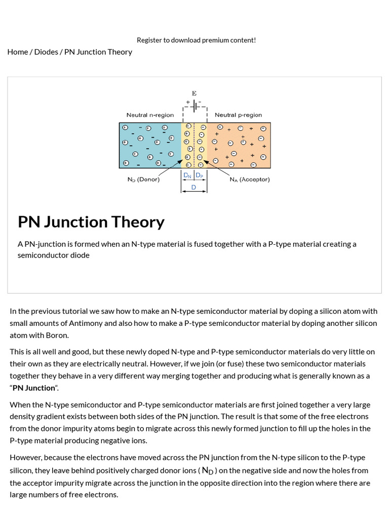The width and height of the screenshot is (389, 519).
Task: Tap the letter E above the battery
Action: [x=194, y=94]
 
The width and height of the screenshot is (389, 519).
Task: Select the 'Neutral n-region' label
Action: [x=150, y=115]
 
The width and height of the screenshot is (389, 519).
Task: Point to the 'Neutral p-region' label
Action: [x=239, y=115]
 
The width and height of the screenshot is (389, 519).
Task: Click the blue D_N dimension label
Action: [x=187, y=175]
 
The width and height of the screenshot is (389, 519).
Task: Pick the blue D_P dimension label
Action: [x=200, y=175]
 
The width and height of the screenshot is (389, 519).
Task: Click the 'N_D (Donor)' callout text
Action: [x=143, y=179]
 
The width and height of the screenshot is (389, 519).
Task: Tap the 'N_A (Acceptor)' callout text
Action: [x=250, y=179]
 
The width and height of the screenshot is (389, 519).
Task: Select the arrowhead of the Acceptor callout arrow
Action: [x=205, y=163]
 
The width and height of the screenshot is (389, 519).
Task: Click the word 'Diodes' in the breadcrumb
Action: [x=46, y=52]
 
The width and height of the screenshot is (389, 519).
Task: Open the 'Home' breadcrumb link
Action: [x=18, y=52]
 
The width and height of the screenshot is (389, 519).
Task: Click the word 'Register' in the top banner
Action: [x=149, y=40]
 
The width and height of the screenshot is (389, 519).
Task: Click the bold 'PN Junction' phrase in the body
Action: [x=33, y=388]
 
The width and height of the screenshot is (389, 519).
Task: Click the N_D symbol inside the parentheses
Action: [x=208, y=471]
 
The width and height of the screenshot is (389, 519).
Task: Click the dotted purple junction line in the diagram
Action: [x=194, y=145]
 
